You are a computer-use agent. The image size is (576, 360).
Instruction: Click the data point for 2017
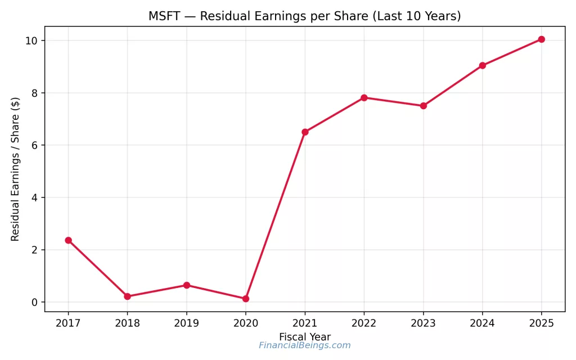pos(68,240)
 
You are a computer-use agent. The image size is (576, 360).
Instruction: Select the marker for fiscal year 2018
pos(127,296)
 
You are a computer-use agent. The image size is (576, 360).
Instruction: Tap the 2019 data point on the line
pos(186,285)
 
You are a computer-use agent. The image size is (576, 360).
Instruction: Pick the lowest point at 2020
pos(246,299)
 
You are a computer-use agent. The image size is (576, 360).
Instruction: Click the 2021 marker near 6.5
pos(305,132)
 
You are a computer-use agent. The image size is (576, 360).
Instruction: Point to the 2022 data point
pos(364,97)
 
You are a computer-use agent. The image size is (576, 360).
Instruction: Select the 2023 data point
pos(423,106)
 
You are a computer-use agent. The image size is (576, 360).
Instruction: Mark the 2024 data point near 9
pos(482,65)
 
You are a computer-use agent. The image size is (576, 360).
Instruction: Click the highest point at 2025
pos(541,39)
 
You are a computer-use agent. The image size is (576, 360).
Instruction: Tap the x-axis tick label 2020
pos(246,323)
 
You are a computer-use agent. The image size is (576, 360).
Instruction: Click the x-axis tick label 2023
pos(423,323)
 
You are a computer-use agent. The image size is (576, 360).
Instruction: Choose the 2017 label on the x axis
pos(68,323)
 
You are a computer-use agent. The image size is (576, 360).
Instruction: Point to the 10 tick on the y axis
pos(31,40)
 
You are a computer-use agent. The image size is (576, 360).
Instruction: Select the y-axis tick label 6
pos(34,145)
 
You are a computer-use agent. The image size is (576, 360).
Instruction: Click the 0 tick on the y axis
pos(34,302)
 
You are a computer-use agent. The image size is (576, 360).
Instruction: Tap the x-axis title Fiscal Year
pos(304,337)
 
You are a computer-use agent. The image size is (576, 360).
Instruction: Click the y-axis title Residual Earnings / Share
pos(16,169)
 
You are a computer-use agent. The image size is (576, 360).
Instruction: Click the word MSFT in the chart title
pos(162,16)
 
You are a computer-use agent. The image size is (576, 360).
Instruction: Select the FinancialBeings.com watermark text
pos(304,346)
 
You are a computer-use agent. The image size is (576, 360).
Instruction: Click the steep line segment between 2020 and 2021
pos(276,215)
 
